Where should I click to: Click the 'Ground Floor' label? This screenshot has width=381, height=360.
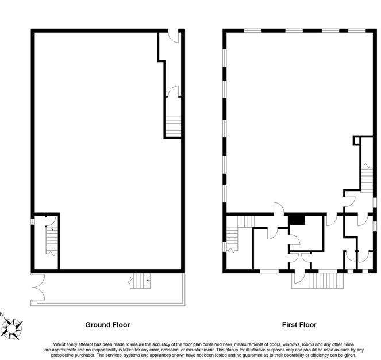coord(107,325)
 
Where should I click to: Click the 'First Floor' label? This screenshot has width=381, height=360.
coord(299,325)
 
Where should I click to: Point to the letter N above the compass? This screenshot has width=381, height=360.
coord(2,313)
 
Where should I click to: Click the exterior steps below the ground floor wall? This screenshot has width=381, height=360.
coord(140,281)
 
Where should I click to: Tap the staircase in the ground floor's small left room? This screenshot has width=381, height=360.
coord(51,240)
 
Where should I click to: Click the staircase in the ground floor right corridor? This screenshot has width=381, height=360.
coord(173,126)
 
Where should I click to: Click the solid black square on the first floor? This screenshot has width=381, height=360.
coord(296,219)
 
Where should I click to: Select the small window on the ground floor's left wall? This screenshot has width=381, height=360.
coord(33,221)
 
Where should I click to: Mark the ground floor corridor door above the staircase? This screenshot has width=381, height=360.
coord(174,92)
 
